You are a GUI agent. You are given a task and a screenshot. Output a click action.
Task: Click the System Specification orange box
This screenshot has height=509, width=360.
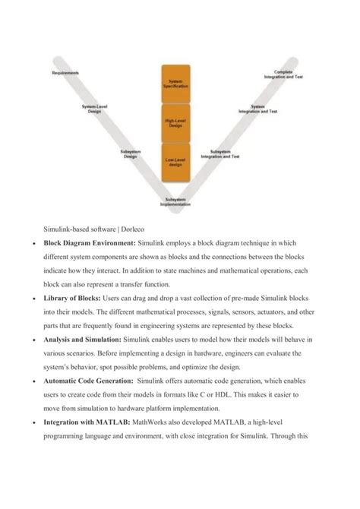(x=176, y=84)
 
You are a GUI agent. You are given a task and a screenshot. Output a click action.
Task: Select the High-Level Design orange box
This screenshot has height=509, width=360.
(x=176, y=123)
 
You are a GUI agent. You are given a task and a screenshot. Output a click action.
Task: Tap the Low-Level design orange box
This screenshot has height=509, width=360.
(x=176, y=160)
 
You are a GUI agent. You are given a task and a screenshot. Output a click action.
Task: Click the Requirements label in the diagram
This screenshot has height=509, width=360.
(x=65, y=73)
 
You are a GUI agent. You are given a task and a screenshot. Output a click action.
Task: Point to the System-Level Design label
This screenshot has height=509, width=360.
(x=95, y=109)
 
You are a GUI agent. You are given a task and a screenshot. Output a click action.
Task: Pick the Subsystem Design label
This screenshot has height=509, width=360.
(x=130, y=154)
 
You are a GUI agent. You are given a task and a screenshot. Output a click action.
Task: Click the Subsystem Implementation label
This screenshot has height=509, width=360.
(x=176, y=202)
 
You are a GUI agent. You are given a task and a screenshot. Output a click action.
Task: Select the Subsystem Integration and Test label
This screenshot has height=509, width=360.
(x=220, y=154)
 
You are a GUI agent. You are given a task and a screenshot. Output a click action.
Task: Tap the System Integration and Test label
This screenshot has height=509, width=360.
(x=258, y=109)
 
